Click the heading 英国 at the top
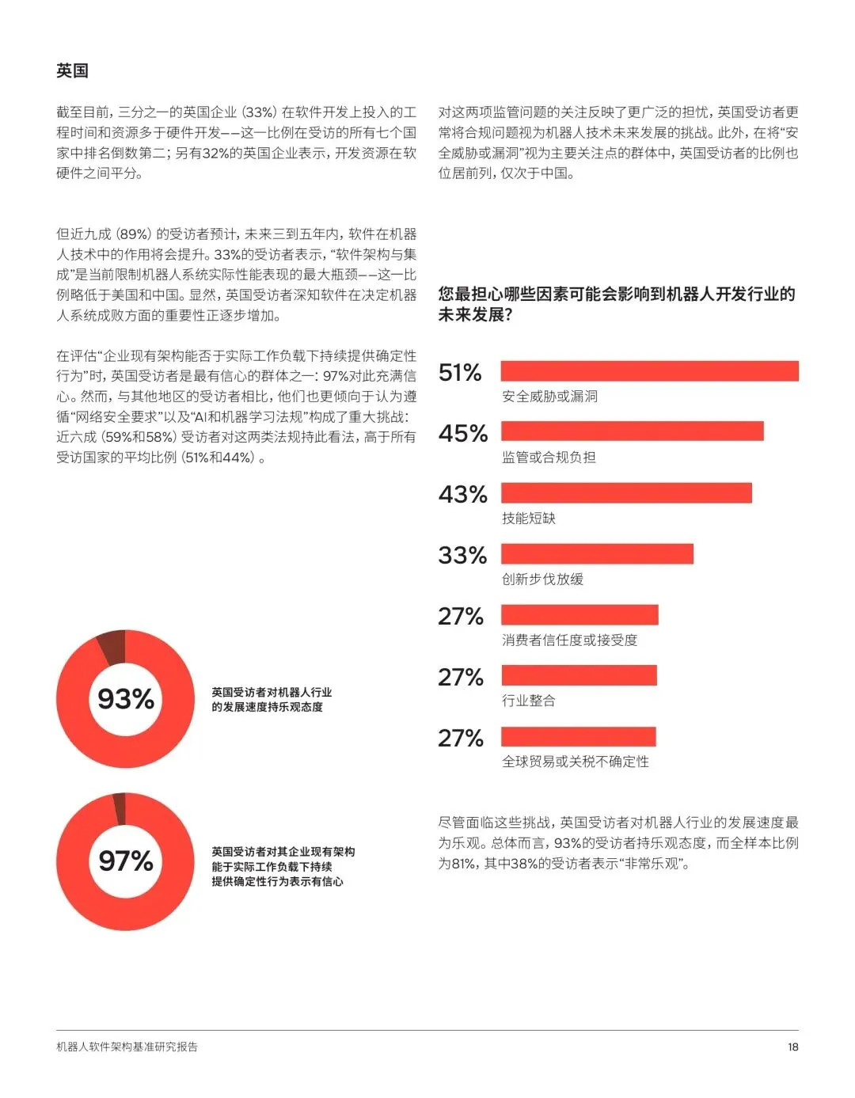[72, 70]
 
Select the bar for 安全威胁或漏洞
[649, 371]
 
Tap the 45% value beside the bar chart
[463, 433]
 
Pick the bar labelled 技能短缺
[626, 492]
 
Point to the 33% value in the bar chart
[462, 555]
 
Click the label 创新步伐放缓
[543, 579]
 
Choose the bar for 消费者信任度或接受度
[579, 614]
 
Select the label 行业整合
[529, 701]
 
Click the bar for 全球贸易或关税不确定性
[579, 736]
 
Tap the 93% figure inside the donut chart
[125, 699]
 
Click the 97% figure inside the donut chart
[125, 861]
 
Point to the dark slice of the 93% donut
[113, 647]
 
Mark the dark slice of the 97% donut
[120, 808]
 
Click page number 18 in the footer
[792, 1047]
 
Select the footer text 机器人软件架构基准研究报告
[127, 1047]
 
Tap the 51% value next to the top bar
[460, 372]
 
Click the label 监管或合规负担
[549, 458]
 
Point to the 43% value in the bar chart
[463, 494]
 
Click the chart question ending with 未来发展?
[617, 304]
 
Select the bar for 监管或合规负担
[633, 431]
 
